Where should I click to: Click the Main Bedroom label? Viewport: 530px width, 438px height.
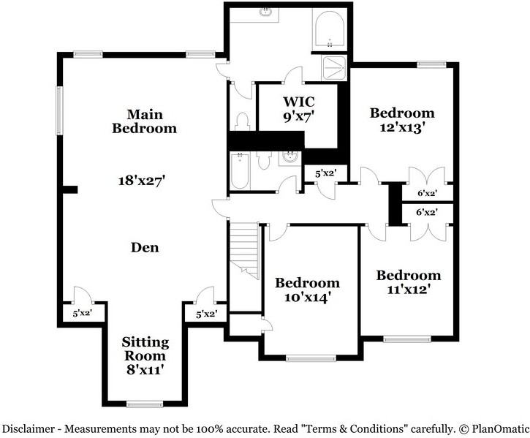[x=144, y=121]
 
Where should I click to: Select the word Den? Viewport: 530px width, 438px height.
[x=145, y=247]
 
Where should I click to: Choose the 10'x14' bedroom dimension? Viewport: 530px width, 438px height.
[x=307, y=297]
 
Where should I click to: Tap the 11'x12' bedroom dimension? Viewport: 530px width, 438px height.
[x=408, y=289]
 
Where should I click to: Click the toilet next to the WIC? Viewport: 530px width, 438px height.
[x=243, y=121]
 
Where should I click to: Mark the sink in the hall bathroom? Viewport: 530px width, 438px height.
[x=290, y=157]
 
